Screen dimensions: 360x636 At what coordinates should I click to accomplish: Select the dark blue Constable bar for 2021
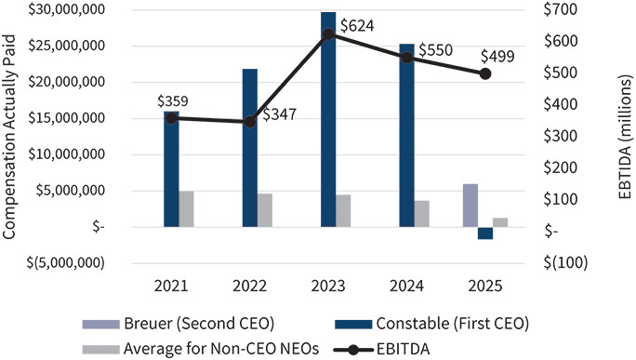tap(171, 168)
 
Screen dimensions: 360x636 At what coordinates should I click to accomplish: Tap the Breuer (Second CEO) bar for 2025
tap(470, 205)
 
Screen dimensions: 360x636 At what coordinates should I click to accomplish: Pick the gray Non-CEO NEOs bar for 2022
tap(265, 209)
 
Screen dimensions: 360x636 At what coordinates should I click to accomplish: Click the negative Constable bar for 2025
tap(485, 233)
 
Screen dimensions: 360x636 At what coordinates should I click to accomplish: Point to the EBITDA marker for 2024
tap(406, 58)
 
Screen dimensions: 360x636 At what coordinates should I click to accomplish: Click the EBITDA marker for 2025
tap(485, 73)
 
